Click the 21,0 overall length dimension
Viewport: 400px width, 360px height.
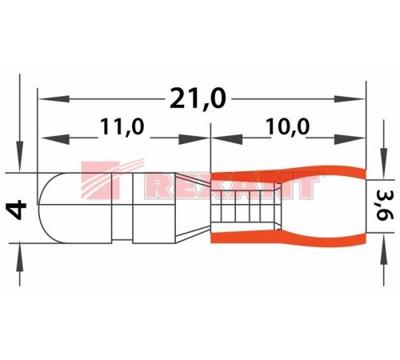click(x=198, y=99)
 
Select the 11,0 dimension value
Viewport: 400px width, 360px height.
click(x=122, y=126)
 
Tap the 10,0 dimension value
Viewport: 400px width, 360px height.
click(x=288, y=126)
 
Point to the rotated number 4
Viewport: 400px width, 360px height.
click(x=18, y=210)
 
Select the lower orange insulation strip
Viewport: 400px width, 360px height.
click(x=288, y=238)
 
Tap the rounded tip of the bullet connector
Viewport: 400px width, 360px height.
click(x=50, y=208)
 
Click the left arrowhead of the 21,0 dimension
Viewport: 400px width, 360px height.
click(x=54, y=99)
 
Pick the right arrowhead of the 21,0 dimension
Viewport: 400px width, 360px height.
click(x=350, y=99)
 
